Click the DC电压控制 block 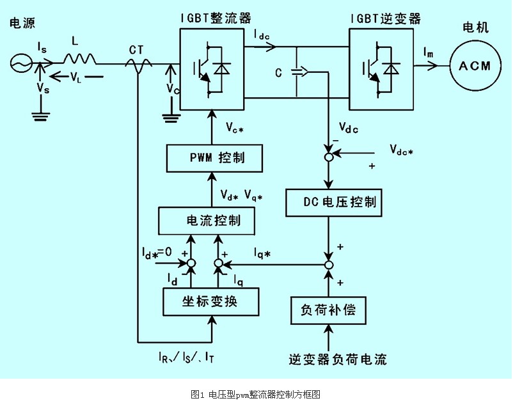point(333,203)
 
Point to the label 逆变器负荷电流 point(328,359)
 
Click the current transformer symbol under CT point(138,64)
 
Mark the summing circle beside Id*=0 point(190,263)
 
